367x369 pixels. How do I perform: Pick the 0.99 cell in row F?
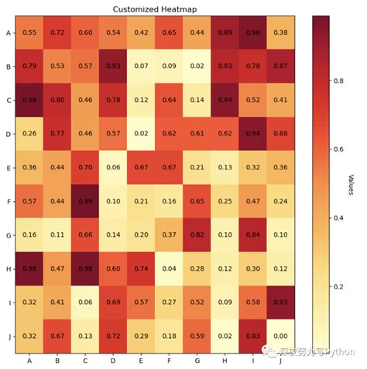pos(84,200)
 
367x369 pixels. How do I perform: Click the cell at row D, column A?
pos(29,133)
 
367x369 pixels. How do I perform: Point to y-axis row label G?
pos(8,234)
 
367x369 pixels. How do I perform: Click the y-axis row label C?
pos(8,100)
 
